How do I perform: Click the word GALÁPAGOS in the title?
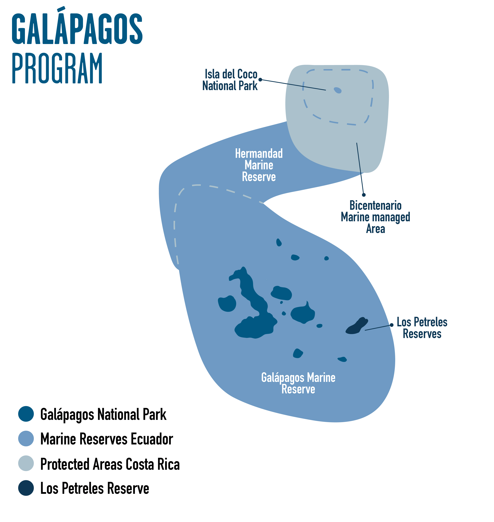tap(77, 26)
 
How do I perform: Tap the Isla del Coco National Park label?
tap(230, 80)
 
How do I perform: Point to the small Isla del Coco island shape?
tap(338, 90)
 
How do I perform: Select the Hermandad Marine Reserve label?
tap(259, 165)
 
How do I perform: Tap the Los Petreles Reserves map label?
tap(422, 328)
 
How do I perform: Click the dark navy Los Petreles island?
tap(357, 326)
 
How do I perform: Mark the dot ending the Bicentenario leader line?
tap(364, 195)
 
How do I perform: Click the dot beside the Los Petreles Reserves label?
tap(392, 325)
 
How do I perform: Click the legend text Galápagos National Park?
tap(103, 415)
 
